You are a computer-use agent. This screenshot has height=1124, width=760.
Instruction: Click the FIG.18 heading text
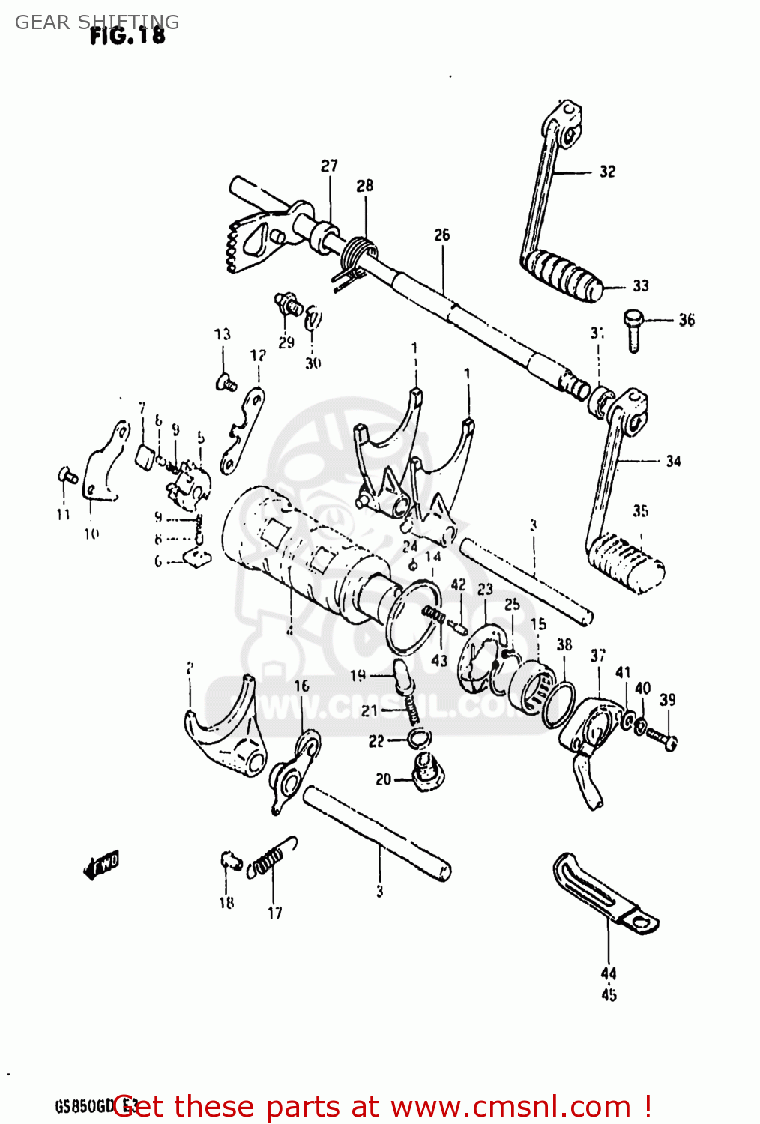pos(127,35)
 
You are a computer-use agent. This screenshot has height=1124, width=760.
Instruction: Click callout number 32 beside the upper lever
pos(607,172)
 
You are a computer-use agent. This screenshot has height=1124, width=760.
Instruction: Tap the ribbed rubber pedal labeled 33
pos(562,274)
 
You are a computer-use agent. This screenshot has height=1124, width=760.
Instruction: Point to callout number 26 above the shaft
pos(442,235)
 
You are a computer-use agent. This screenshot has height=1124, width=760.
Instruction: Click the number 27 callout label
pos(329,166)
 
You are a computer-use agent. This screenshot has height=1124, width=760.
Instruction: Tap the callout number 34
pos(673,461)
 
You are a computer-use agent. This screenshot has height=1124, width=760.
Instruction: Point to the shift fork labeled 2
pos(225,734)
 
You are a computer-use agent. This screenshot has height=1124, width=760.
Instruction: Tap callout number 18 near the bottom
pos(226,903)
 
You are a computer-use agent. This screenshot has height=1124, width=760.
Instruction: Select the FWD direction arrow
pos(101,865)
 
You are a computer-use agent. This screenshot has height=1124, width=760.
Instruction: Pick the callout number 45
pos(609,994)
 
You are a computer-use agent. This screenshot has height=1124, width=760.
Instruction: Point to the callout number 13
pos(223,334)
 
